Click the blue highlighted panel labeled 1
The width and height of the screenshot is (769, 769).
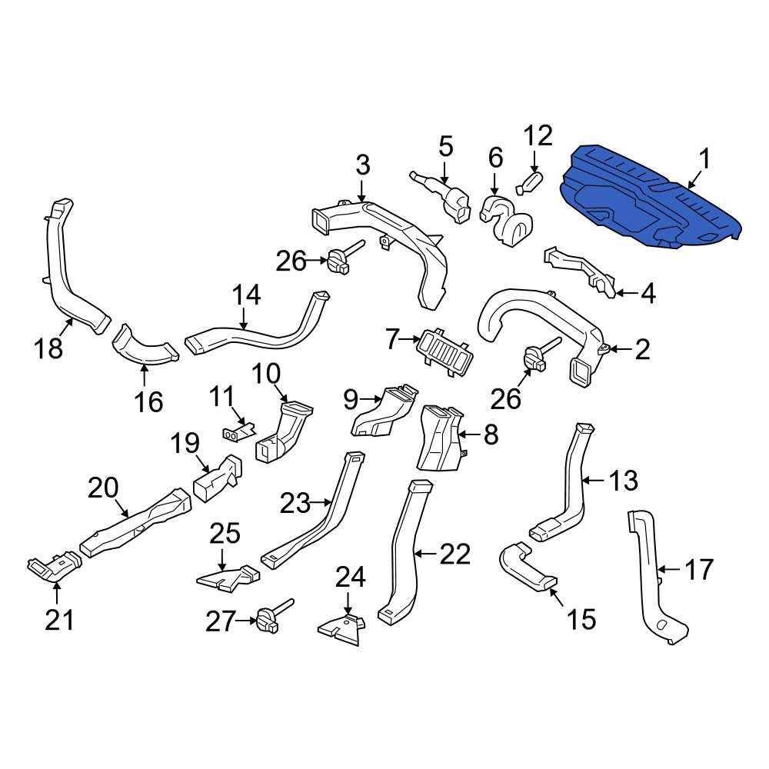tap(650, 200)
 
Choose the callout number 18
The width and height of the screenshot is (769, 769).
tap(48, 348)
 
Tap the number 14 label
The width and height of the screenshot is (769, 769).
tap(247, 295)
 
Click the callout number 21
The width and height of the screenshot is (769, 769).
tap(60, 618)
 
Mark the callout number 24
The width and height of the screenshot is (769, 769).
tap(349, 577)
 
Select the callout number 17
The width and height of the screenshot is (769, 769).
tap(699, 570)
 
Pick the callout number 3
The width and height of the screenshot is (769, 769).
tap(363, 165)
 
